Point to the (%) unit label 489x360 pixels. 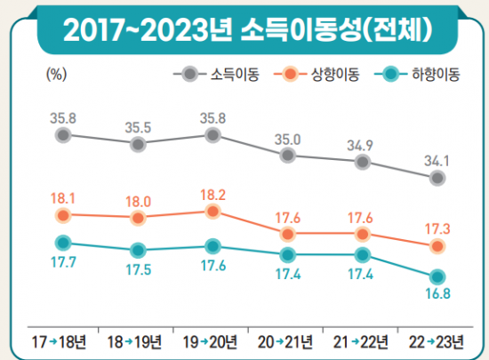56,75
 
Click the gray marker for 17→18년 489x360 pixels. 62,135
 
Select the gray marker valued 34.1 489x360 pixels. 437,178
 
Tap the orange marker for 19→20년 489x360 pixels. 212,212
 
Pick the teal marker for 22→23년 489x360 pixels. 437,276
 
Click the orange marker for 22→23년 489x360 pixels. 437,246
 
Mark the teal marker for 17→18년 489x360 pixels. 62,242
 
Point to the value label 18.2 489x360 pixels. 212,193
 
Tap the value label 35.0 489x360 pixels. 287,138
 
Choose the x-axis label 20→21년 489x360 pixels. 287,342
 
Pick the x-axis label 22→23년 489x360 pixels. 437,342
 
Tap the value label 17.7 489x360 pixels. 62,262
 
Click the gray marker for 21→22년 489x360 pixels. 362,162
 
